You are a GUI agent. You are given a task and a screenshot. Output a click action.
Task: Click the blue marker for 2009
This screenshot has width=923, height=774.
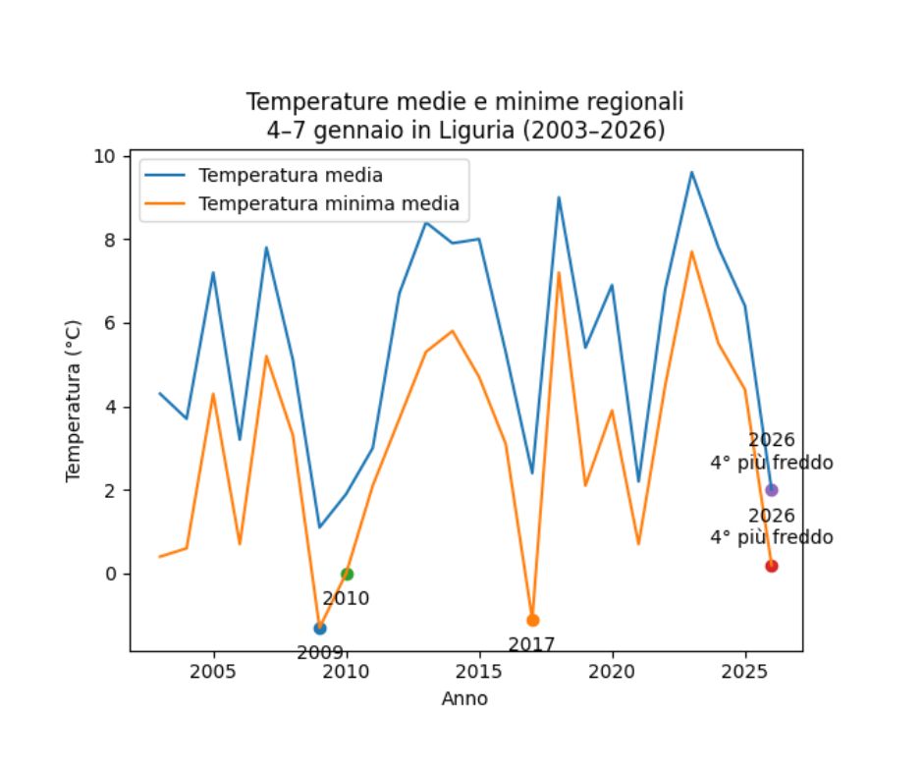[x=320, y=628]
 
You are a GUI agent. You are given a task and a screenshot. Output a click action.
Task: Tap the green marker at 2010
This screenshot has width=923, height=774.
[x=347, y=574]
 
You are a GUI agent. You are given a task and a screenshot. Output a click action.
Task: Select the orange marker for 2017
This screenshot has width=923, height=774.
[x=533, y=620]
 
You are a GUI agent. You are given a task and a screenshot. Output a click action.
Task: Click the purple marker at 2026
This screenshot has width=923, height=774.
[x=772, y=490]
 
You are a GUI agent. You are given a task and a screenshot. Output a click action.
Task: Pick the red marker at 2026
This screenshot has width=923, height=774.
[x=772, y=566]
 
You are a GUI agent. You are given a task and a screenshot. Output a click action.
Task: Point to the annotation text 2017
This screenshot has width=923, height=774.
[x=531, y=645]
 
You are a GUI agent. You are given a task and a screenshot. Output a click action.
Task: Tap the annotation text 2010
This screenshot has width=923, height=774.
[x=346, y=598]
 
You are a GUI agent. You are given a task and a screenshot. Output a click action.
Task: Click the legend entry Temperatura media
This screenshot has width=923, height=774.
[x=291, y=177]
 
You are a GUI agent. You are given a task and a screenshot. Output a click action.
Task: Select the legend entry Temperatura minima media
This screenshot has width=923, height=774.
[x=329, y=204]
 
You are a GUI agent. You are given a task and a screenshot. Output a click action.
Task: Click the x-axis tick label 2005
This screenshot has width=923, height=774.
[x=213, y=673]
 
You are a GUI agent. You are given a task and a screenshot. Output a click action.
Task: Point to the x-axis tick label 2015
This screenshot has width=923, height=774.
[x=479, y=673]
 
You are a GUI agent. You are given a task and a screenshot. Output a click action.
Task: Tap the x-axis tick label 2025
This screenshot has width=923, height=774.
[x=745, y=673]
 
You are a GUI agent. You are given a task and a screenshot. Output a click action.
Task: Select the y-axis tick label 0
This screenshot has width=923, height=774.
[x=111, y=574]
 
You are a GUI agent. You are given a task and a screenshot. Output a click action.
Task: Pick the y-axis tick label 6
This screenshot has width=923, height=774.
[x=111, y=324]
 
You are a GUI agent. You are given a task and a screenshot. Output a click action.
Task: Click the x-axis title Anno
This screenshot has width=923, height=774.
[x=464, y=699]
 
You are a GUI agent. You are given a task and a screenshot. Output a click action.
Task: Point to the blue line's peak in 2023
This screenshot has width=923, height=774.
[x=691, y=173]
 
